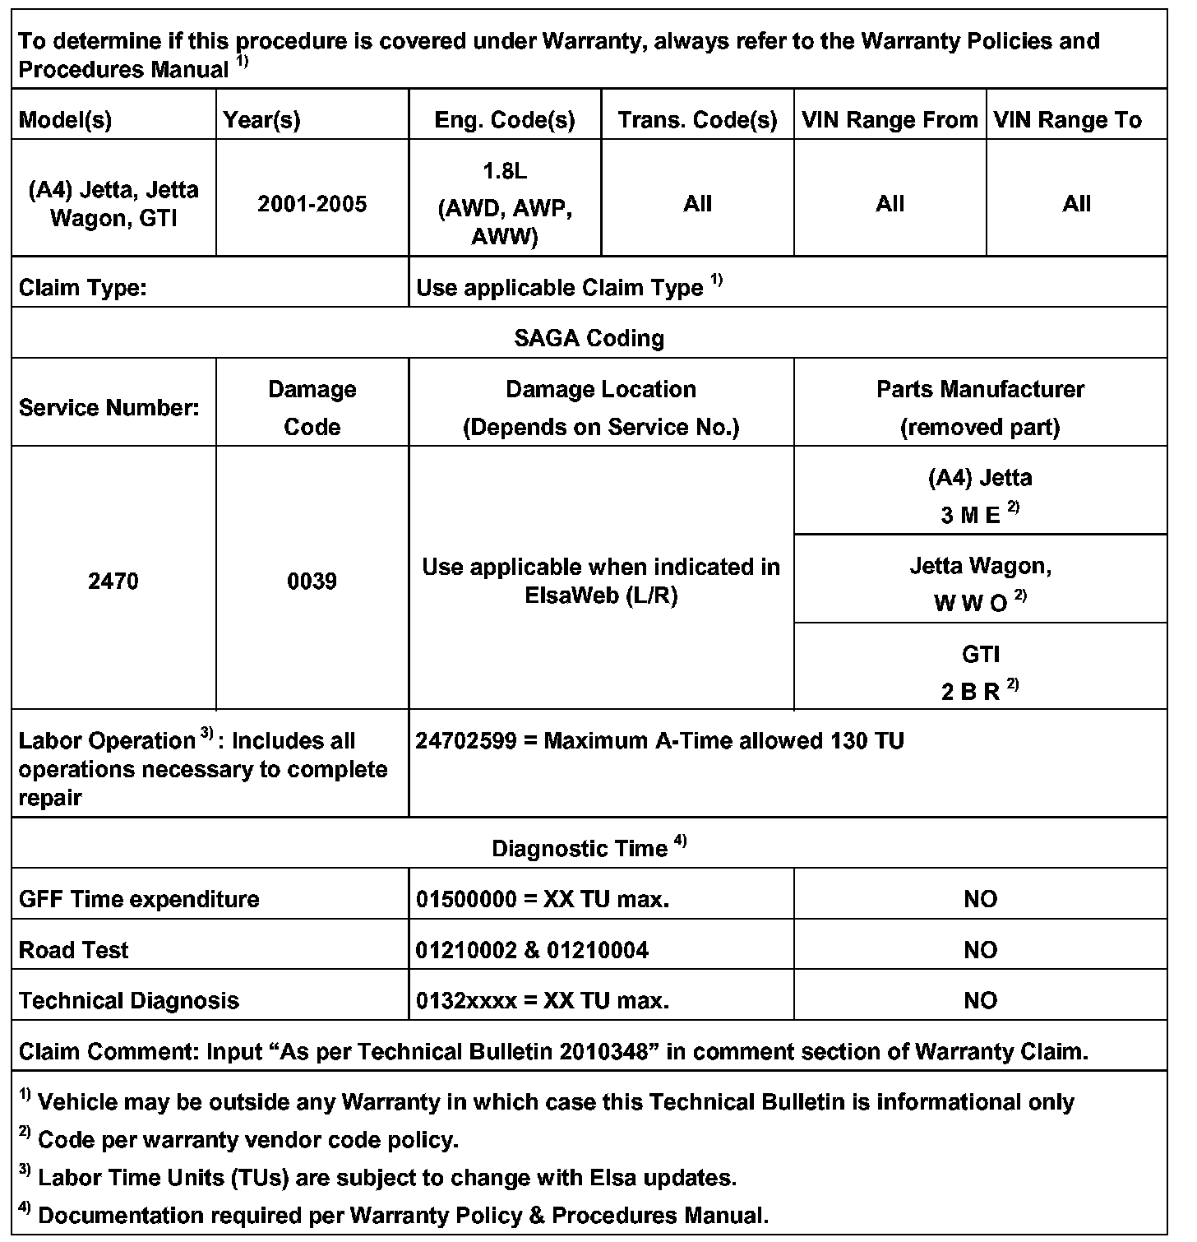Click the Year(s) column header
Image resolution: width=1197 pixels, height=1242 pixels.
(x=261, y=120)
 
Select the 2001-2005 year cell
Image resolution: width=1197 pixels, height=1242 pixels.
(x=312, y=204)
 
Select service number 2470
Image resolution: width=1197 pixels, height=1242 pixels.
(x=113, y=582)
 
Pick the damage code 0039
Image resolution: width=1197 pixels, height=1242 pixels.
(x=312, y=582)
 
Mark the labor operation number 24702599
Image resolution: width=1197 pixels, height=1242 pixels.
(x=465, y=741)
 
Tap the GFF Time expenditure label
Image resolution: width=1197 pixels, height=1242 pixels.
(x=139, y=899)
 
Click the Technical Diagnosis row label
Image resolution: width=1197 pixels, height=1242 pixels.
(x=129, y=1001)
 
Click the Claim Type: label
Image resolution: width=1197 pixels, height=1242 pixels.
(x=82, y=288)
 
